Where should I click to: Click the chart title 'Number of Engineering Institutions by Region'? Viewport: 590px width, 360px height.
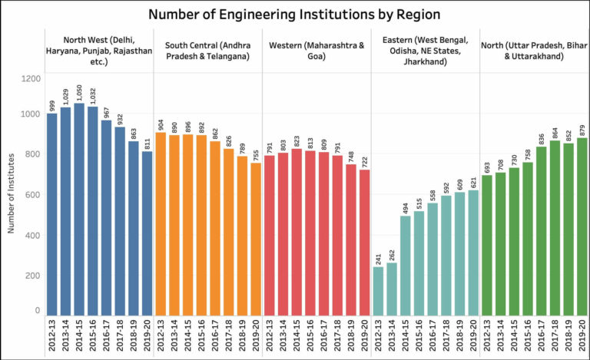click(295, 14)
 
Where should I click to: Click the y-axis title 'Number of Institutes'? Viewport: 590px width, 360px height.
click(13, 196)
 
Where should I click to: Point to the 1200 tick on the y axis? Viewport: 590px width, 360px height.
click(30, 78)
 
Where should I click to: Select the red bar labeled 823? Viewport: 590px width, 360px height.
click(297, 231)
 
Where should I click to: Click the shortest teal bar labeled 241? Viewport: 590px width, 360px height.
click(379, 290)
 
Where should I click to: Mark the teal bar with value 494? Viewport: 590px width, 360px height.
click(406, 265)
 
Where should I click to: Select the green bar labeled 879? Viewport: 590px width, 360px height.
click(582, 226)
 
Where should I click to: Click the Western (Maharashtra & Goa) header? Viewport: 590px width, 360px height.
click(316, 50)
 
